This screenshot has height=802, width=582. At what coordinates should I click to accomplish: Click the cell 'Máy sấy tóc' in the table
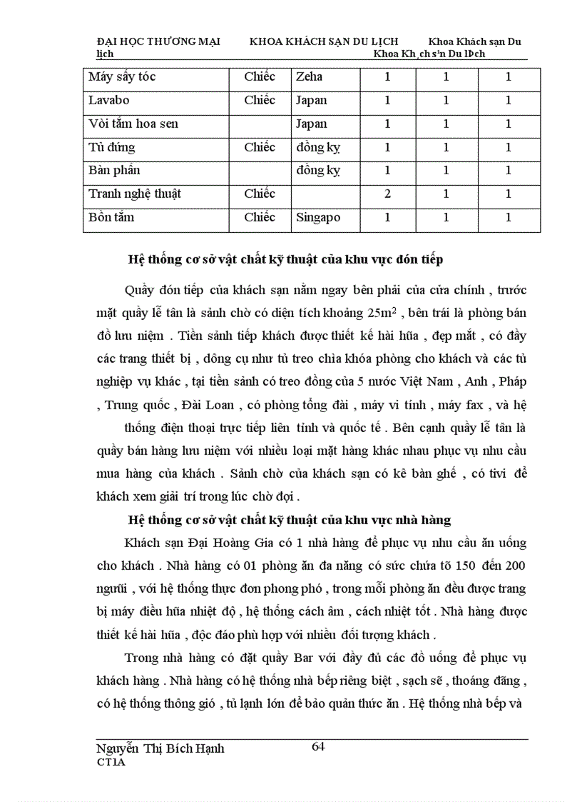pos(122,77)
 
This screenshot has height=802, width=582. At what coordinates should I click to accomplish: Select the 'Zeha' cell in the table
pos(309,77)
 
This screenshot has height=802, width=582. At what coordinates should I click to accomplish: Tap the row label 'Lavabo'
pos(109,101)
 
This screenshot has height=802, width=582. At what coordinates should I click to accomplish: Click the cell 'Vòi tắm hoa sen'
pos(133,124)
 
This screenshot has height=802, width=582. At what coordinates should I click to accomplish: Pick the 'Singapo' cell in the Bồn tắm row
pos(318,217)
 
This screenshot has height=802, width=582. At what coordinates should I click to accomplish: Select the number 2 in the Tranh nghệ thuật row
pos(387,194)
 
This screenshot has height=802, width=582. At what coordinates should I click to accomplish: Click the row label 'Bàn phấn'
pos(114,171)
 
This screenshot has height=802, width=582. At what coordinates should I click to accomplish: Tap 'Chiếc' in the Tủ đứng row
pos(260,147)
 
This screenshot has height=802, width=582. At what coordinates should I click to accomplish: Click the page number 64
pos(318,747)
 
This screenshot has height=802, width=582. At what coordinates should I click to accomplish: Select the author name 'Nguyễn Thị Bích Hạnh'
pos(160,748)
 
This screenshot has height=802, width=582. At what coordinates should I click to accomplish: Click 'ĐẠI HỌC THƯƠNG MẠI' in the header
pos(158,42)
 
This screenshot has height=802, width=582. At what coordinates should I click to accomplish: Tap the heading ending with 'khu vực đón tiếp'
pos(285,259)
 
